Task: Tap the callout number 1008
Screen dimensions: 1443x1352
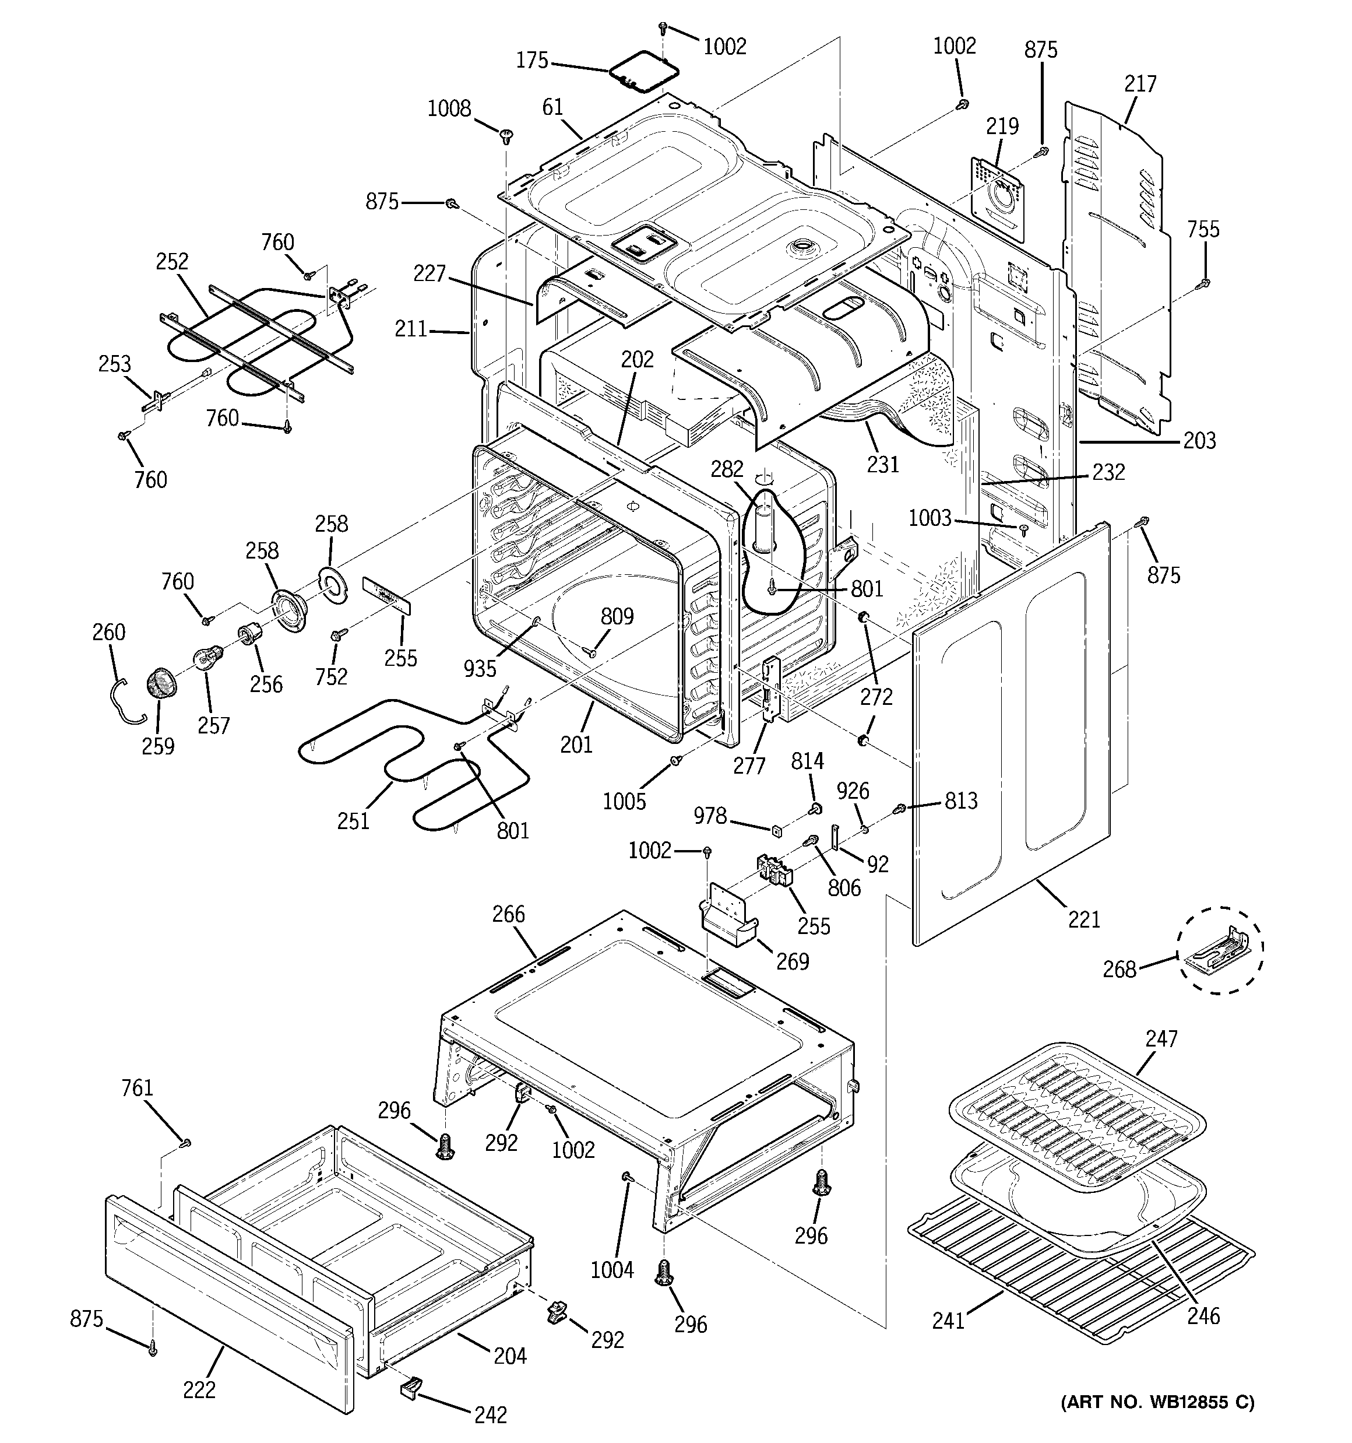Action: pyautogui.click(x=449, y=109)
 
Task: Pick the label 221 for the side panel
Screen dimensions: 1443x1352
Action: pyautogui.click(x=1084, y=919)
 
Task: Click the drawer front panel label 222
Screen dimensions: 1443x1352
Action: pyautogui.click(x=199, y=1389)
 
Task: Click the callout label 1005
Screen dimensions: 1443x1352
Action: pyautogui.click(x=624, y=801)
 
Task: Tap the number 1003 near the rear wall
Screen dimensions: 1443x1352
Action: pyautogui.click(x=930, y=518)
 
